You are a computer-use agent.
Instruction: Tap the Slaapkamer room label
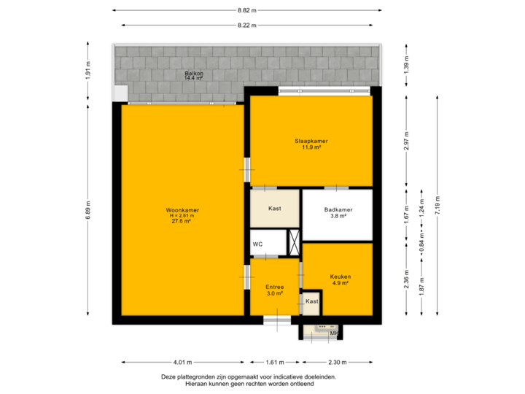point(311,143)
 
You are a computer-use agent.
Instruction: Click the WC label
point(257,244)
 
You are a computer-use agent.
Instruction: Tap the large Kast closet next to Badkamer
point(275,209)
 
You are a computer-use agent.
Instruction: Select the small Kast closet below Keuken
point(311,301)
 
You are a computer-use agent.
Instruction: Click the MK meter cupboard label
point(334,334)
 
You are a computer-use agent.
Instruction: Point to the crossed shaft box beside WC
point(295,242)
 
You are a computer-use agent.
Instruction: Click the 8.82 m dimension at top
point(246,10)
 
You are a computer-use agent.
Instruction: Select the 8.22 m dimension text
point(246,25)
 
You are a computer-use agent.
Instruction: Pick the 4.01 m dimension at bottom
point(182,362)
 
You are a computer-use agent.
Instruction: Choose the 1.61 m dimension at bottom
point(275,362)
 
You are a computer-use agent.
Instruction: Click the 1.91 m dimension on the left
point(87,71)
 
